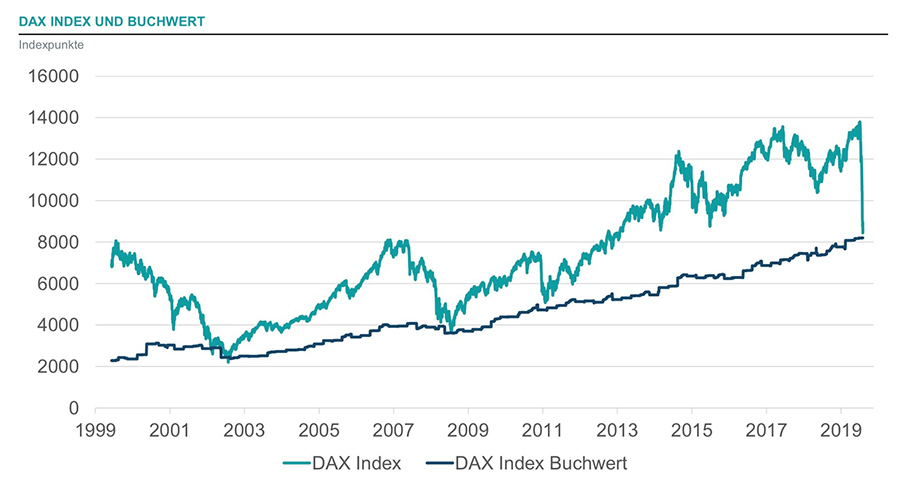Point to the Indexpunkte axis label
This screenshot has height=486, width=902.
(x=51, y=45)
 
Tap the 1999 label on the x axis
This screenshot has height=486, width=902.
(x=95, y=428)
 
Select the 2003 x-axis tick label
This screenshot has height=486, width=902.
(x=244, y=428)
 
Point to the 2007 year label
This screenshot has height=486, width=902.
(x=393, y=428)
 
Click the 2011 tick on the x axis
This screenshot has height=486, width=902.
(x=542, y=428)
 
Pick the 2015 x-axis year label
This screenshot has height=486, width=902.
(x=691, y=428)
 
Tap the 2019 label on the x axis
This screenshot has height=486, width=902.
(x=840, y=428)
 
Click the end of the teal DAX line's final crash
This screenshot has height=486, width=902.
(x=862, y=233)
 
